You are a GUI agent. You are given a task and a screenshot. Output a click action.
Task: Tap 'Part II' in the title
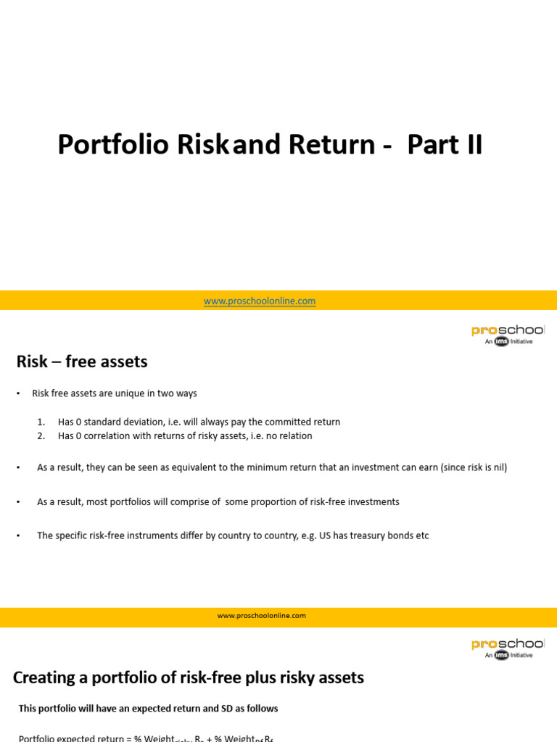444,145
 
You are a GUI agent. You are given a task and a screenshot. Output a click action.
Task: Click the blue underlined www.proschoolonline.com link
260,301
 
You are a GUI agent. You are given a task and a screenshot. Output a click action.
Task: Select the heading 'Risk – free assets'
82,361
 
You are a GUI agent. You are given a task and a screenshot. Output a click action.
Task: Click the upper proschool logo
508,333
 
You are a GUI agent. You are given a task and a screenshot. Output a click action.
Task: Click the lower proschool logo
508,647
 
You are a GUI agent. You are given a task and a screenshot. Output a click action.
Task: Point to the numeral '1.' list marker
41,422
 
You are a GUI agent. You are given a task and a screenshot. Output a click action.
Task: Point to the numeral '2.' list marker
41,435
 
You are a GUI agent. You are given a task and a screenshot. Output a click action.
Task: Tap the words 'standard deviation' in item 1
121,422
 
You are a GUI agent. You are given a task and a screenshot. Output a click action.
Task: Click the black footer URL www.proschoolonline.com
261,615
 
